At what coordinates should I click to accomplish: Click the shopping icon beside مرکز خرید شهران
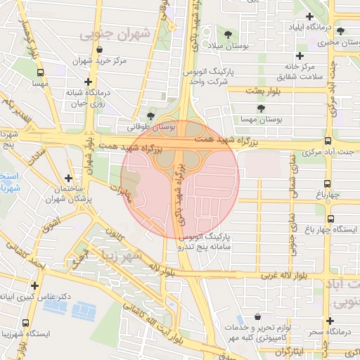tap(99, 51)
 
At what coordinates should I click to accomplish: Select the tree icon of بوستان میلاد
tap(227, 34)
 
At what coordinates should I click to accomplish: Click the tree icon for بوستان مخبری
tap(341, 31)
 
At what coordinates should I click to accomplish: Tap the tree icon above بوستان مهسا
tap(262, 108)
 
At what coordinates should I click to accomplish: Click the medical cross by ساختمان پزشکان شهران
tap(68, 179)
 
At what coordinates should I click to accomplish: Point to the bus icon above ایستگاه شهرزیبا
tap(25, 322)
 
